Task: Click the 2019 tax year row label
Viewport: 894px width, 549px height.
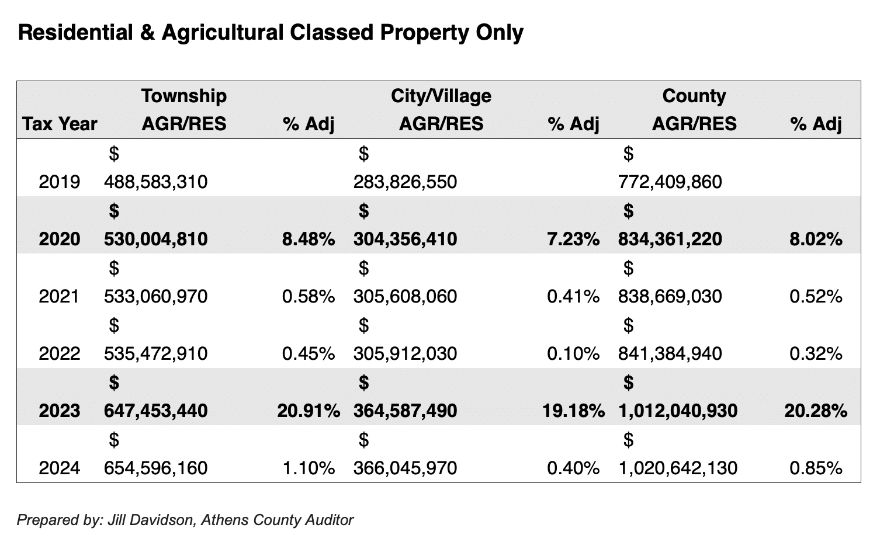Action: click(x=59, y=182)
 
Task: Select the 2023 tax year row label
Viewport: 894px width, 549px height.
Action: click(x=59, y=411)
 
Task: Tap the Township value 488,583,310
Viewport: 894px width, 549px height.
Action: click(x=155, y=182)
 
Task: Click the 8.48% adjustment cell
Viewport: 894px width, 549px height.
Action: click(x=308, y=239)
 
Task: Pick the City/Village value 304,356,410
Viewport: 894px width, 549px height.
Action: click(x=405, y=239)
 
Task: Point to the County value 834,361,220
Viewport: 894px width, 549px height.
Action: click(x=670, y=239)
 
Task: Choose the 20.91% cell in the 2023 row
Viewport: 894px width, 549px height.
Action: click(x=308, y=411)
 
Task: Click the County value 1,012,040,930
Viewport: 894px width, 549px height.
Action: click(x=677, y=411)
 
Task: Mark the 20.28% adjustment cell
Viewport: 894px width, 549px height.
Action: click(x=815, y=411)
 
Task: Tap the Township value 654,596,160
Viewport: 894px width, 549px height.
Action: click(x=155, y=468)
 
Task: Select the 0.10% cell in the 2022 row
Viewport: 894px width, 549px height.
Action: click(x=573, y=353)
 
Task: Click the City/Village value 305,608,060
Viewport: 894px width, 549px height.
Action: click(x=405, y=296)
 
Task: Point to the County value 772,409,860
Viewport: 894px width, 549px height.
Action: click(x=670, y=182)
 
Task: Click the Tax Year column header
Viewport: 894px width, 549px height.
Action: click(x=60, y=124)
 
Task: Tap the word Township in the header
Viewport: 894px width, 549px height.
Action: click(x=183, y=96)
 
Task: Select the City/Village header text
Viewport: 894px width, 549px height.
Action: click(x=441, y=96)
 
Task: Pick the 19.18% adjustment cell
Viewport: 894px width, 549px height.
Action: click(x=573, y=411)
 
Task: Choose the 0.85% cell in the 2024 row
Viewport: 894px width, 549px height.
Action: click(x=815, y=468)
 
